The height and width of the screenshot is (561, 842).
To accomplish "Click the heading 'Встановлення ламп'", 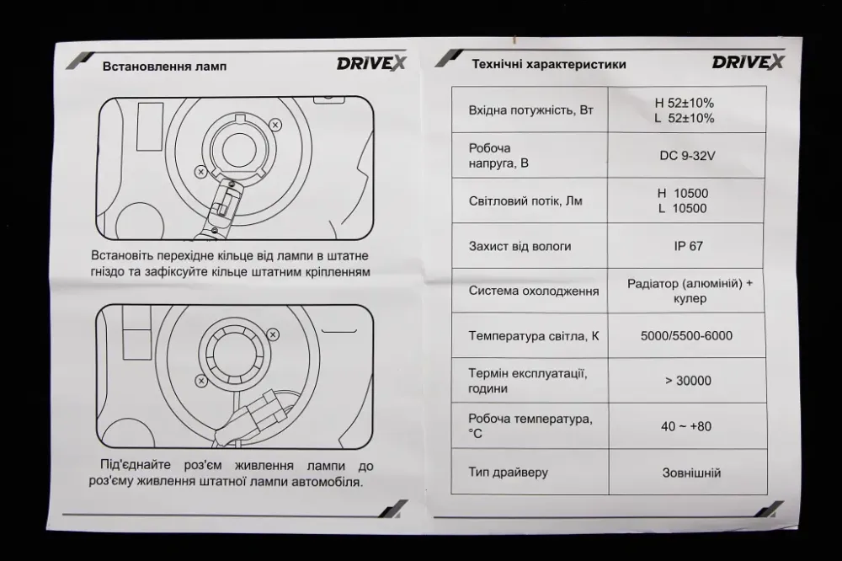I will [x=164, y=67].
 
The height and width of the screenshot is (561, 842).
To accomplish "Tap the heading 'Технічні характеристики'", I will [x=548, y=64].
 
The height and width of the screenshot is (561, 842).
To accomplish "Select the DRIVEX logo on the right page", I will [x=748, y=61].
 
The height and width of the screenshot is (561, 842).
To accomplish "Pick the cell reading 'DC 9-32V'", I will [x=686, y=155].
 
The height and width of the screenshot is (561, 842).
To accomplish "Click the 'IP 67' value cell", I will [x=688, y=246].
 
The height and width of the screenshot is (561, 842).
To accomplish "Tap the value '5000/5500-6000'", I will [x=686, y=336].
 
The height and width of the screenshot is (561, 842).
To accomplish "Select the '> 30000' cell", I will [x=687, y=381].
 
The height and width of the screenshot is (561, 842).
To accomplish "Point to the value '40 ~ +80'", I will [x=686, y=426].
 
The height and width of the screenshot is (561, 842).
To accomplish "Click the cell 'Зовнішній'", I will [x=686, y=473].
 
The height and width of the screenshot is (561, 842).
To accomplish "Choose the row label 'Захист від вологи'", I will [x=520, y=246].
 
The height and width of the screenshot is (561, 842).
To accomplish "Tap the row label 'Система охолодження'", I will [x=534, y=291].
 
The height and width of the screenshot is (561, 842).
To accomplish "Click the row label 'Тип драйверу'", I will [x=509, y=472].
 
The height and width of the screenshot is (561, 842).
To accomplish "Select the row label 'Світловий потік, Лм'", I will [x=525, y=201].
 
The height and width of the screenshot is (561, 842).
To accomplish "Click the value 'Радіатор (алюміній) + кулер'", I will [x=690, y=291].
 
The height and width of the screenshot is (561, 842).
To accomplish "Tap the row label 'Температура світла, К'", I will [x=534, y=336].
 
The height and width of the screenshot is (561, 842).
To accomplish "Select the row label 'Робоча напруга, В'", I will [x=500, y=155].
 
